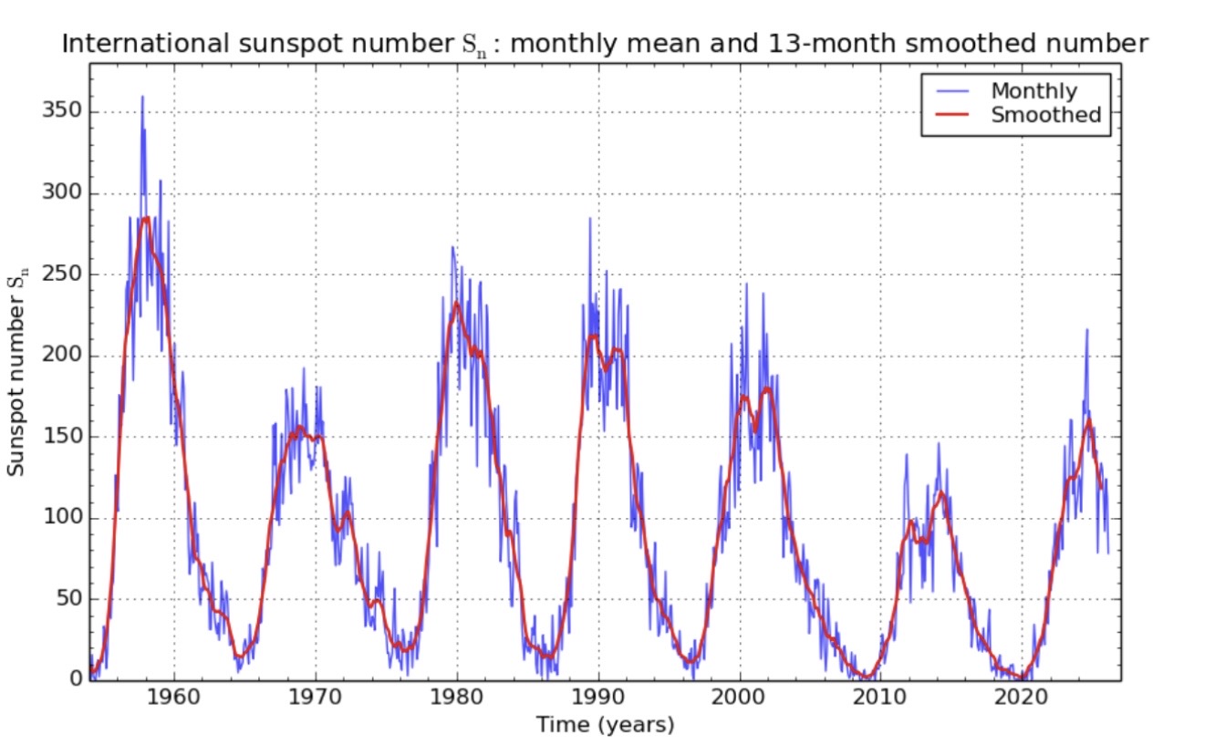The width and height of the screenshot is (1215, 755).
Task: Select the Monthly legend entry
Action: coord(1033,91)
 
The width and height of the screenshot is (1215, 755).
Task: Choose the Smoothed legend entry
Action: coord(1045,115)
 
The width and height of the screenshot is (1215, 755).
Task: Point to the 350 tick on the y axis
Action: coord(60,112)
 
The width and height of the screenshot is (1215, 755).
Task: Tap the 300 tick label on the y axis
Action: coord(60,193)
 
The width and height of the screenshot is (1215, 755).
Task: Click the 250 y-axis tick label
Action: coord(60,274)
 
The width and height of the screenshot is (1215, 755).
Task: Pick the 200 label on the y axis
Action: coord(60,356)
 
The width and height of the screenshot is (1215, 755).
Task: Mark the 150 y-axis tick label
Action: coord(60,437)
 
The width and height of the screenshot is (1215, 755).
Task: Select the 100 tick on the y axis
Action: coord(60,518)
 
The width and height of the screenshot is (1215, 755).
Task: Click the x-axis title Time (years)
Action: coord(604,726)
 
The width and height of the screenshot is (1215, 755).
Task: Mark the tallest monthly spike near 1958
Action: coord(142,97)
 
